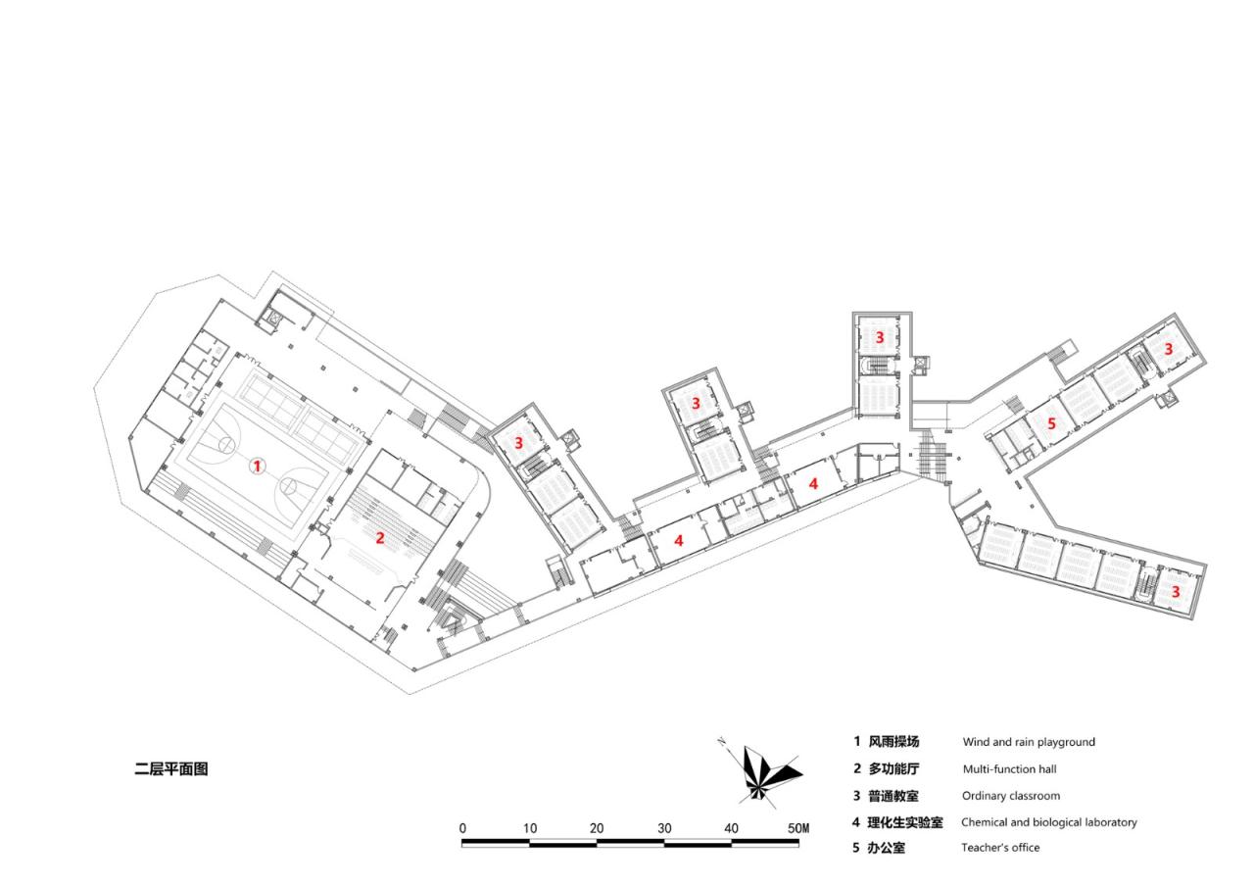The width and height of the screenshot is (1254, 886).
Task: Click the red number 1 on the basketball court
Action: tap(257, 467)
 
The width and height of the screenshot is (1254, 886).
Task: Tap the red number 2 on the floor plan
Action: tap(379, 537)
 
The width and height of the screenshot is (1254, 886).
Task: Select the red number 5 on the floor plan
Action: tap(1051, 424)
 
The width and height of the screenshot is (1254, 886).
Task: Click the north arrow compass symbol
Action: tap(765, 773)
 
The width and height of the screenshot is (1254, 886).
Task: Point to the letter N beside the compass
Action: tap(722, 741)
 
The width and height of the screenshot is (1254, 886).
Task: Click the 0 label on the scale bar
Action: tap(462, 828)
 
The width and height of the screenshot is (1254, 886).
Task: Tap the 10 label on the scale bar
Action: tap(529, 828)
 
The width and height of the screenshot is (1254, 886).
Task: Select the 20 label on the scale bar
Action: tap(597, 828)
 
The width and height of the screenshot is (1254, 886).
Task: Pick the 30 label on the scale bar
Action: tap(664, 828)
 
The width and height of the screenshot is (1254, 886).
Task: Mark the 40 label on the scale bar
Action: tap(731, 828)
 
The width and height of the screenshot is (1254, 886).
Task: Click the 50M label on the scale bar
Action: tap(798, 828)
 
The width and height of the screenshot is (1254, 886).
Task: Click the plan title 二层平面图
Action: tap(171, 769)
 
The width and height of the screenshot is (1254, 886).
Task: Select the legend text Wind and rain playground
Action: tap(1029, 742)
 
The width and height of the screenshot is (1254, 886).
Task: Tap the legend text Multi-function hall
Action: tap(1009, 769)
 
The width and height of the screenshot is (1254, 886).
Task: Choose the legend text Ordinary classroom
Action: tap(1011, 796)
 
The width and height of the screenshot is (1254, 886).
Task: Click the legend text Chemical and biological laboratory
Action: tap(1049, 822)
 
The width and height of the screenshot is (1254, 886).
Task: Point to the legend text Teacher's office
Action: tap(1000, 848)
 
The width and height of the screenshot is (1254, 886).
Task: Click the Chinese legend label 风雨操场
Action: tap(893, 742)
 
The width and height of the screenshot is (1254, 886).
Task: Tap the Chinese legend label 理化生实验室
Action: tap(905, 822)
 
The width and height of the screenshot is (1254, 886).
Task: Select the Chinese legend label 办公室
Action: tap(887, 848)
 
